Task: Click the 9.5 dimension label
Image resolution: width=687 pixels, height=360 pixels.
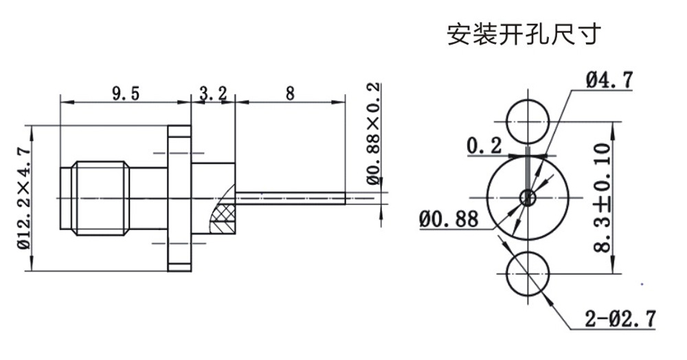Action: [126, 94]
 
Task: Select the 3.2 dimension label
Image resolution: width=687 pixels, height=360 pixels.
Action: [213, 94]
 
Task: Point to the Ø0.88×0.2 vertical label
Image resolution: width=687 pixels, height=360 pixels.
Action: [373, 134]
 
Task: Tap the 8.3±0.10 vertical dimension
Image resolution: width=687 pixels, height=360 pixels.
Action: [602, 199]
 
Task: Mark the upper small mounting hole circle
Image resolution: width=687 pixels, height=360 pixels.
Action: [528, 123]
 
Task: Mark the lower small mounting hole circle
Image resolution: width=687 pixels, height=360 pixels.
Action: [528, 272]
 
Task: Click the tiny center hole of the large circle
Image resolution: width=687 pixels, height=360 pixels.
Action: [528, 198]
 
